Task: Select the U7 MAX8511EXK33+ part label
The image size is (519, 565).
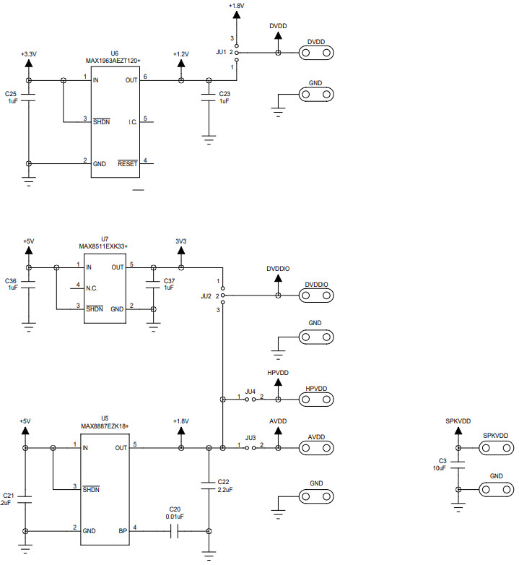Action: [x=104, y=242]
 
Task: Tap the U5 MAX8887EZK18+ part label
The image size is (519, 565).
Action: [x=104, y=423]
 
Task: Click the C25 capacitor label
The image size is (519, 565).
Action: [x=11, y=98]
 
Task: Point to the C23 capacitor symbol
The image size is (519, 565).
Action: [x=209, y=95]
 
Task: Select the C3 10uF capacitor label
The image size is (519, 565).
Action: [x=442, y=464]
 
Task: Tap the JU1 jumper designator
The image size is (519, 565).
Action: [x=221, y=52]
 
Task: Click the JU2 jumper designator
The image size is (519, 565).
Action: [x=206, y=296]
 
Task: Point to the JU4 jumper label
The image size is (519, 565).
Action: [x=250, y=391]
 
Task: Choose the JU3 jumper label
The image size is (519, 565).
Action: [x=250, y=438]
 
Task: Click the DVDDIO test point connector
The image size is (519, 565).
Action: [x=317, y=296]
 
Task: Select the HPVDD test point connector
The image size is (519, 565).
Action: [x=317, y=399]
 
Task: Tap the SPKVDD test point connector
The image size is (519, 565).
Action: [x=496, y=448]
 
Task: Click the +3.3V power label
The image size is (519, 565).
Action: [x=28, y=53]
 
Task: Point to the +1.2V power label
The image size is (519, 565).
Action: [x=180, y=54]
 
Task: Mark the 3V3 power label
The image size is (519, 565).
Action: [x=180, y=241]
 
